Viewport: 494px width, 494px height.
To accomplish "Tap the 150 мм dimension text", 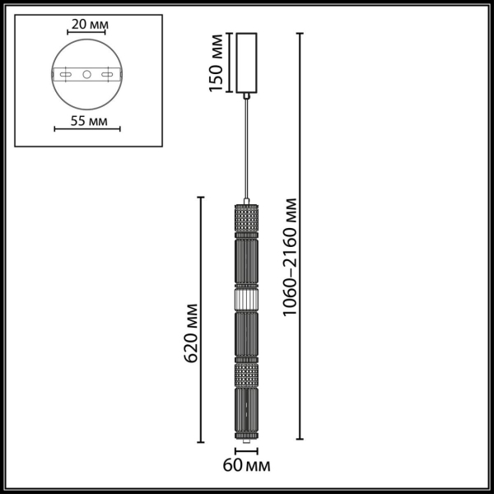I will coord(217,63).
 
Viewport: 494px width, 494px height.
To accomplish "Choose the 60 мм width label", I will coord(247,467).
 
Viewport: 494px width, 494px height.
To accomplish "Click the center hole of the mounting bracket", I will coord(86,75).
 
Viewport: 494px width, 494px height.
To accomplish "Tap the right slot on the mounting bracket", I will coord(106,75).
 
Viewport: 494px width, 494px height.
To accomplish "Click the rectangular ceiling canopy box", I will coord(246,63).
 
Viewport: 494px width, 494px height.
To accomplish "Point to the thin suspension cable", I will coord(246,148).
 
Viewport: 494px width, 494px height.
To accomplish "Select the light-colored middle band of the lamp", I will coord(246,298).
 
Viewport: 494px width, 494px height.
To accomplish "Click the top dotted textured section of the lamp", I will coord(246,219).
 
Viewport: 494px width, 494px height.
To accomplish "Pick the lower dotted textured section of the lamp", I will coord(246,375).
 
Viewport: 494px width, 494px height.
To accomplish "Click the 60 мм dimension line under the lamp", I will coord(246,452).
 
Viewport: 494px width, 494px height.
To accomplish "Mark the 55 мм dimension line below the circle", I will coord(87,129).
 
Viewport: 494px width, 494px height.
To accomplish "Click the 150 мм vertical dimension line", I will coord(229,63).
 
